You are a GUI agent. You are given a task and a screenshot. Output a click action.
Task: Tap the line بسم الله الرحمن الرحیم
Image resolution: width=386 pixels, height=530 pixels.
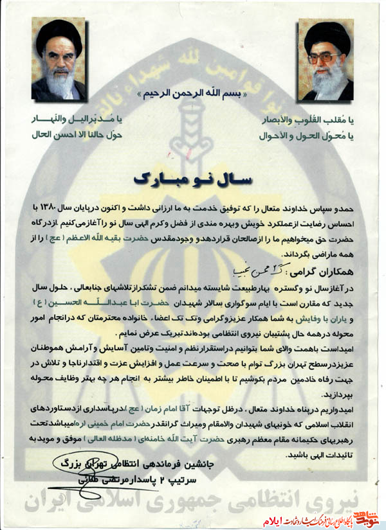[x=193, y=94]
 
